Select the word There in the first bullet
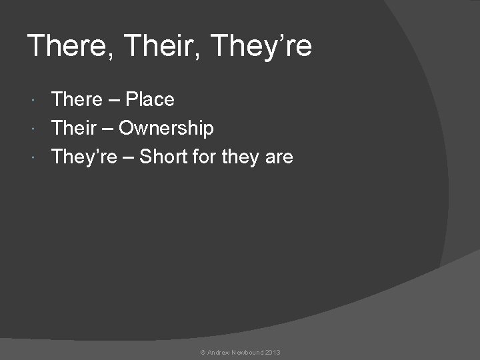pos(77,100)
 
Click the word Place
pos(150,100)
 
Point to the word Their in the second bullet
pos(74,128)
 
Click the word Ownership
pos(166,128)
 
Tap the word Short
pos(165,157)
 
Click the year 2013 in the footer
pos(273,351)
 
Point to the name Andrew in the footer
pos(219,351)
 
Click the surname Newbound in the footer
pos(247,351)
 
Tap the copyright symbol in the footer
pos(203,351)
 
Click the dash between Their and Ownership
pos(107,128)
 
